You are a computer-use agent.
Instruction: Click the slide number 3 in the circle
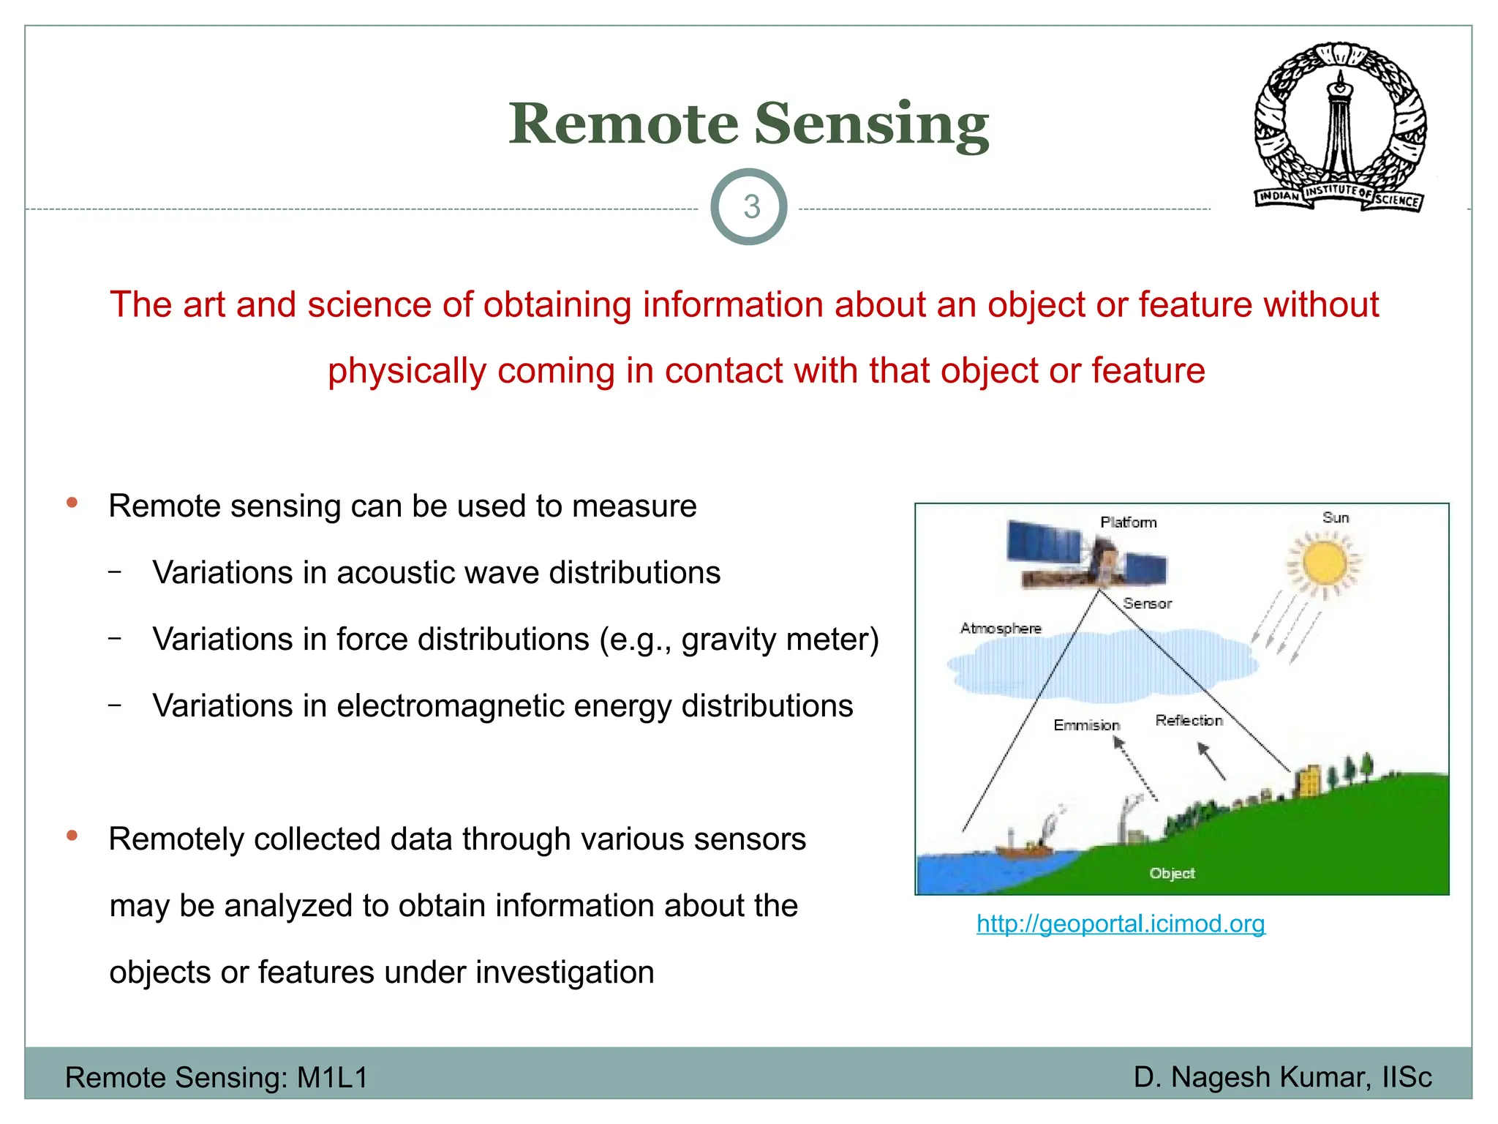tap(751, 207)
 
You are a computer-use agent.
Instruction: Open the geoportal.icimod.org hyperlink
tap(1121, 923)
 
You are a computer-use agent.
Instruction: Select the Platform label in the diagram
tap(1128, 522)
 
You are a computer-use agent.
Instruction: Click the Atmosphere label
tap(1001, 629)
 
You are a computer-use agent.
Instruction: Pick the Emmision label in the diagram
tap(1086, 725)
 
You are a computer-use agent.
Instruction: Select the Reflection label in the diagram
tap(1189, 721)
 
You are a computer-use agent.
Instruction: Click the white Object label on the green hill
tap(1172, 873)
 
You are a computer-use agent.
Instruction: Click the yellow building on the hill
tap(1308, 781)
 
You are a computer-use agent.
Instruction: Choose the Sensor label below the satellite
tap(1147, 604)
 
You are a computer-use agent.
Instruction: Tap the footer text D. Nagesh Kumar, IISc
tap(1282, 1077)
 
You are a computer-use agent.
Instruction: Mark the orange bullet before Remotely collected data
tap(72, 836)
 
